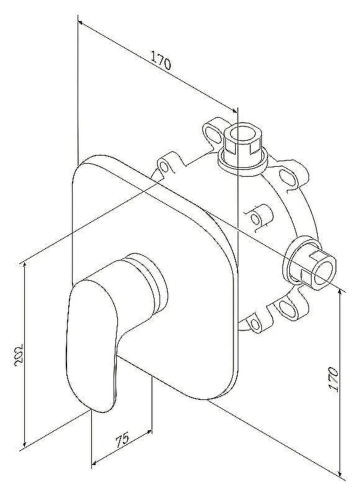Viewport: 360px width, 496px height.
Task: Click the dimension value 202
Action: click(19, 355)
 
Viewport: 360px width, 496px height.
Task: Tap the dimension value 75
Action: click(122, 440)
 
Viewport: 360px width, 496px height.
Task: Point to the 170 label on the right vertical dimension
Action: click(333, 379)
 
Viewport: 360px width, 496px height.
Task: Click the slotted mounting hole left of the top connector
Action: click(212, 132)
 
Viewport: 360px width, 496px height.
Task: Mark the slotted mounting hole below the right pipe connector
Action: click(287, 308)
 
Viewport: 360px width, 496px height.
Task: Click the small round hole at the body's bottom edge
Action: click(255, 324)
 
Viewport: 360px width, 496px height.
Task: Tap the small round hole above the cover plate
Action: click(164, 166)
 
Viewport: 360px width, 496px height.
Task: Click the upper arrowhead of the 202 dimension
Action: click(24, 266)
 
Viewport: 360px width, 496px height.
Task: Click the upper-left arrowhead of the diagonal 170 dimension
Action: click(81, 23)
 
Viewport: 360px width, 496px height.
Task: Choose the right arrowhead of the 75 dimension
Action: click(149, 432)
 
